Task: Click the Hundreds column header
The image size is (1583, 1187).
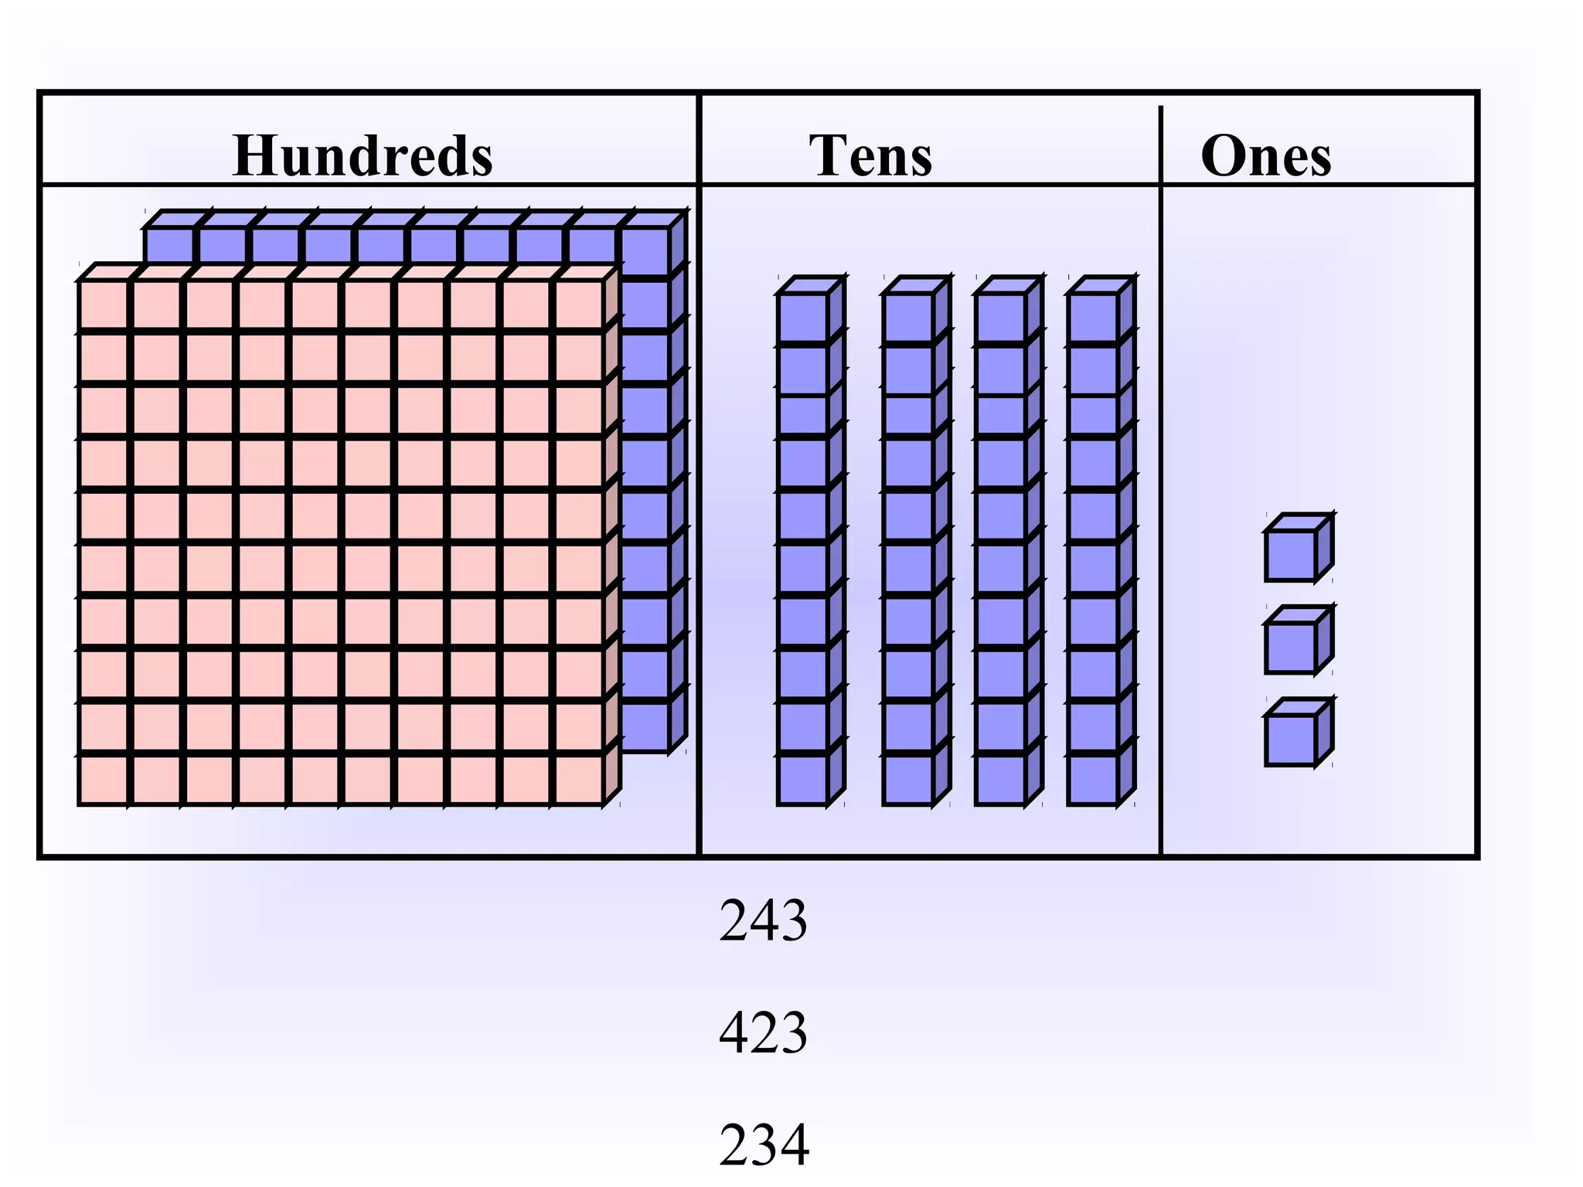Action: coord(363,156)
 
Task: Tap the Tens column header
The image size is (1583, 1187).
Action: coord(870,156)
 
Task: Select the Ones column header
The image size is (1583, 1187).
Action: coord(1266,156)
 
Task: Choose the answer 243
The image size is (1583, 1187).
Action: coord(763,920)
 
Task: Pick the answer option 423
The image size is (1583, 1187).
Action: coord(763,1032)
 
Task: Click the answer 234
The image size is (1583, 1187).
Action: coord(764,1144)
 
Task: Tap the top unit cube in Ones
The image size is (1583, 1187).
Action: coord(1290,555)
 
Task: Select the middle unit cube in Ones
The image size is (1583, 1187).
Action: coord(1290,648)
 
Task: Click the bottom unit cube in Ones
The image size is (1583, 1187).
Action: coord(1290,740)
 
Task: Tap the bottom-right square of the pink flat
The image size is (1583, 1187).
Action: coord(579,780)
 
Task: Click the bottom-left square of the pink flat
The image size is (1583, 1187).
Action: coord(104,780)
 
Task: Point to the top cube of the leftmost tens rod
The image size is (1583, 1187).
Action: coord(803,317)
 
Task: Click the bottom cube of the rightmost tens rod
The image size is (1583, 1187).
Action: coord(1093,780)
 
